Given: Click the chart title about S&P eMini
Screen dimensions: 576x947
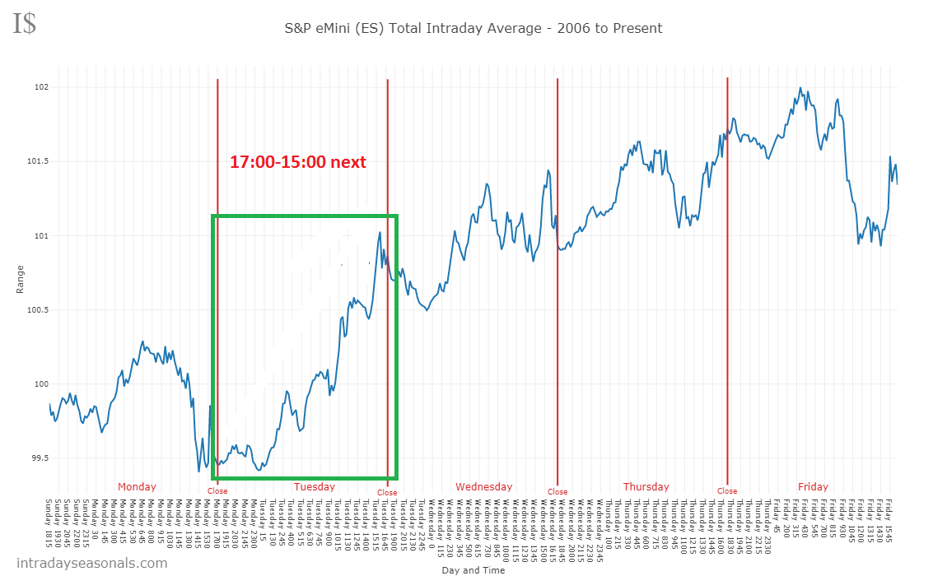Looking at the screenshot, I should pos(473,28).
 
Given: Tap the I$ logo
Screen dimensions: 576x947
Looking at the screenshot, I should pos(24,24).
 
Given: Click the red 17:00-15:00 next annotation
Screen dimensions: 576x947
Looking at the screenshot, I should pos(297,162).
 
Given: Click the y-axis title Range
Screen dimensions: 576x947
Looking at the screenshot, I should pos(20,279).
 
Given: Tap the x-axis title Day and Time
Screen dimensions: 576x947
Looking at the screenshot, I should pos(473,569).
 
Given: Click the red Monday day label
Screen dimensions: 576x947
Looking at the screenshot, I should pos(137,486).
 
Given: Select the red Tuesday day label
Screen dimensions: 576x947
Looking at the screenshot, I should pos(315,486).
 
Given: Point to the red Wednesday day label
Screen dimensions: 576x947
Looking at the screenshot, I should pos(484,486).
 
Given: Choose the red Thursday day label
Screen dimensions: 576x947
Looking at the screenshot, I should pos(646,486).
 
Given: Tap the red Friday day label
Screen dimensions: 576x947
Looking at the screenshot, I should pos(813,486).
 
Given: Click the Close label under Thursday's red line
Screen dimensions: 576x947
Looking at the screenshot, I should pos(727,491).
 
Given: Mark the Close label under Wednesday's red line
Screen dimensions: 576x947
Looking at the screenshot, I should pos(557,492).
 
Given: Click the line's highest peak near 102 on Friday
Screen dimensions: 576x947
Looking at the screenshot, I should pos(800,88).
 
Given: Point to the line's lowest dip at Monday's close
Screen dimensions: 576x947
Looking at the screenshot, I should pos(199,471).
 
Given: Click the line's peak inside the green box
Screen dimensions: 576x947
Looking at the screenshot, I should pos(380,233).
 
